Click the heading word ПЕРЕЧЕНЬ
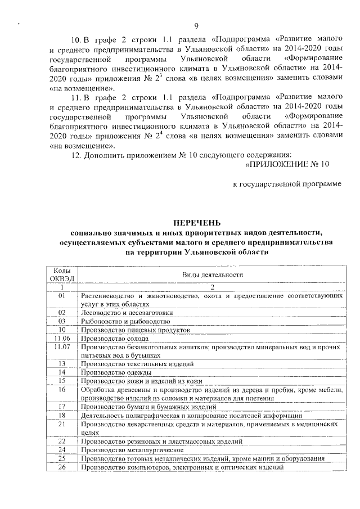(x=197, y=223)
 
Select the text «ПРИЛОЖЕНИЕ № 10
(x=287, y=164)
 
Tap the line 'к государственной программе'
(x=287, y=184)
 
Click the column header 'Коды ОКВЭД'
(x=62, y=274)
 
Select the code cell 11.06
(x=62, y=339)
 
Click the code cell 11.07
(x=62, y=347)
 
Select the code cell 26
(x=62, y=467)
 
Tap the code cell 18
(x=62, y=415)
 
